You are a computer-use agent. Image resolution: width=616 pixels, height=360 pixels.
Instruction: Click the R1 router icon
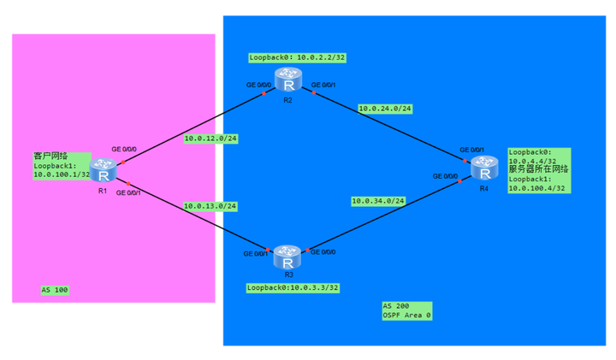tap(103, 170)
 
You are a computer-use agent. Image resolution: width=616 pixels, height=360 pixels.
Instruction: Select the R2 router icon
tap(288, 79)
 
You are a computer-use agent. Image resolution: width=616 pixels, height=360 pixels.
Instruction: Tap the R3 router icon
tap(287, 257)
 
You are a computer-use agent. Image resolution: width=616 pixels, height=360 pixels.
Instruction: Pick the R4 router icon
tap(485, 168)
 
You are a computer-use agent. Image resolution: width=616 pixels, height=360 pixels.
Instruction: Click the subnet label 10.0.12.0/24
tap(210, 139)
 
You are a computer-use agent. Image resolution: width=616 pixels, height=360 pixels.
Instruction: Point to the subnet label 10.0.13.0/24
tap(210, 206)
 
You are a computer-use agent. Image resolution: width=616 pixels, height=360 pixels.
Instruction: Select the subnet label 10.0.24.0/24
tap(385, 109)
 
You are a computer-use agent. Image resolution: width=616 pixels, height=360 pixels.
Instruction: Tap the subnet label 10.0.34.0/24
tap(378, 201)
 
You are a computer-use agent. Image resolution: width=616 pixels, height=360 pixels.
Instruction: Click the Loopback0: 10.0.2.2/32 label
tap(297, 57)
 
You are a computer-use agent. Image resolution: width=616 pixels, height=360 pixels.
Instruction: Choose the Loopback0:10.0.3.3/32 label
tap(293, 288)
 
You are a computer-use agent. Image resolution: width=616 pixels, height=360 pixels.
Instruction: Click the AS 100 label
tap(55, 290)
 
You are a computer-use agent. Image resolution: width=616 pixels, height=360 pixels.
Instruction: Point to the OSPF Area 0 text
tap(407, 316)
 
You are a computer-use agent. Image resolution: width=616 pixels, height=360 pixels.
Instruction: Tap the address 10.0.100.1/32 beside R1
tap(62, 174)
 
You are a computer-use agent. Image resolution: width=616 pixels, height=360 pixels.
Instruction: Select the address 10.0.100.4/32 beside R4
tap(536, 188)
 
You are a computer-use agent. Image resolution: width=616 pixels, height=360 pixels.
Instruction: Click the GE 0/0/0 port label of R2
tap(258, 85)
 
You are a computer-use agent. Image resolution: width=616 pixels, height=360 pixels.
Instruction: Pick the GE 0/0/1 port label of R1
tap(128, 192)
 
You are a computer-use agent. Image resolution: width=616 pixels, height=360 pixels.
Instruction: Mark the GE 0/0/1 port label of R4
tap(471, 150)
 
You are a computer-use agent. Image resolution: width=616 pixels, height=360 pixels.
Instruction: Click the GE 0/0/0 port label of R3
tap(323, 252)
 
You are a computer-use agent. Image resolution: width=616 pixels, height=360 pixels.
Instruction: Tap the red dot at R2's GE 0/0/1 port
tap(314, 92)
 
